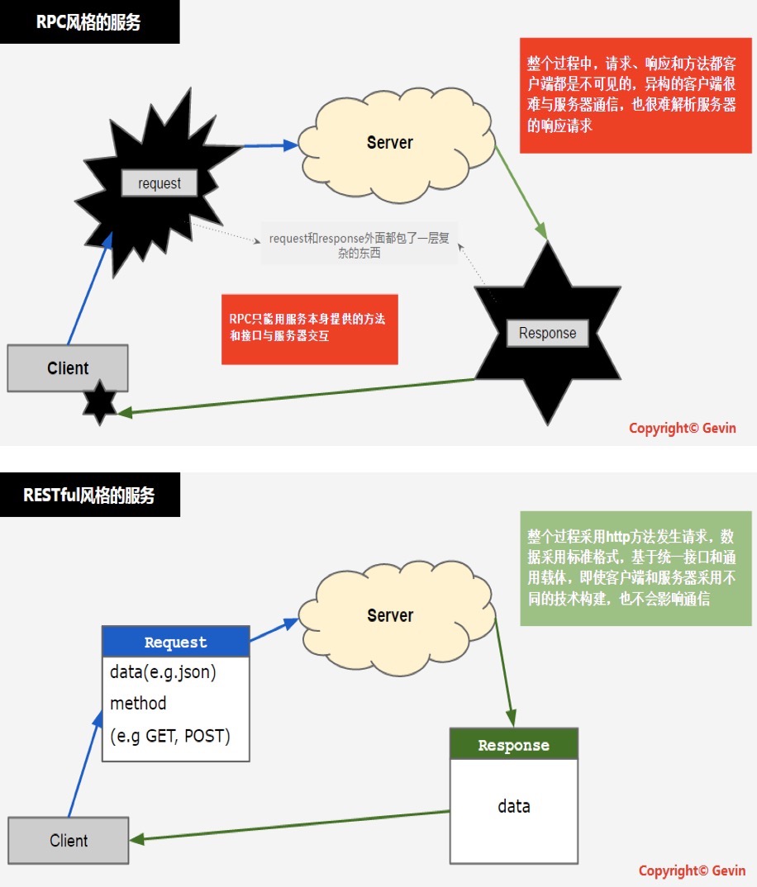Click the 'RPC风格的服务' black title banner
coord(89,22)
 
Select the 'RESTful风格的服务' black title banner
coord(89,495)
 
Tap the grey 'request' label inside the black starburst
coord(159,183)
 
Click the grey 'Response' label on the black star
coord(547,333)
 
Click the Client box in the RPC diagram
coord(68,368)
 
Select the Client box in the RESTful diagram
coord(68,841)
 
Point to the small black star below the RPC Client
coord(100,402)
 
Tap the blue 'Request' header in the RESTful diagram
coord(175,642)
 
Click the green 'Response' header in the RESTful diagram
coord(513,744)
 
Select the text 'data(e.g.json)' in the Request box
coord(163,672)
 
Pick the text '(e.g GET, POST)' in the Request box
coord(170,735)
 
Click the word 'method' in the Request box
coord(138,704)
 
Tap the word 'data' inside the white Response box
coord(513,806)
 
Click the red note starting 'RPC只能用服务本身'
coord(309,329)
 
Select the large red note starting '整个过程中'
coord(636,95)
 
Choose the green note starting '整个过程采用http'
coord(636,568)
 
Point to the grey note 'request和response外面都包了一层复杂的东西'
coord(359,246)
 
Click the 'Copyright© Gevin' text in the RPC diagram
coord(682,428)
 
